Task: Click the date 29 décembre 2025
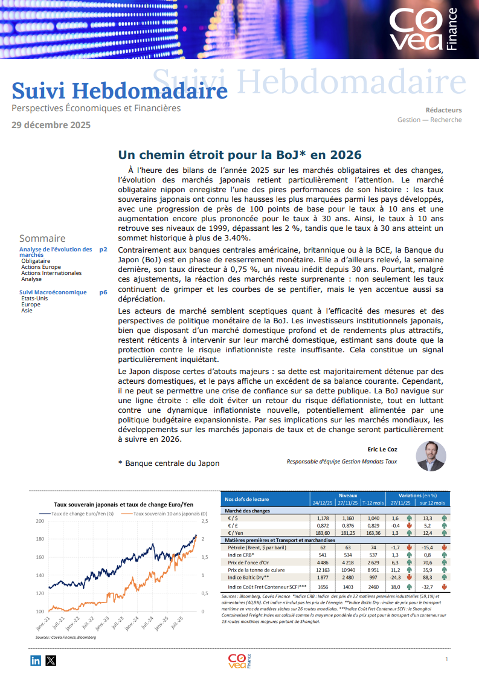51,125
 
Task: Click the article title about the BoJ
239,154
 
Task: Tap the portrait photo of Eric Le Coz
431,456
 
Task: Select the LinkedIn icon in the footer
36,660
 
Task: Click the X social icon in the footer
50,660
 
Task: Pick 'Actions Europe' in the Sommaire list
41,267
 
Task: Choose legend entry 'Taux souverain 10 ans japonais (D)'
166,513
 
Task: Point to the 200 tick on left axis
40,521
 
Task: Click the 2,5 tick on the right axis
205,521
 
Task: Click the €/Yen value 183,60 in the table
320,532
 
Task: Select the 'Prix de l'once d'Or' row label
254,562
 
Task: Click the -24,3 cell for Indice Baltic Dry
395,577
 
